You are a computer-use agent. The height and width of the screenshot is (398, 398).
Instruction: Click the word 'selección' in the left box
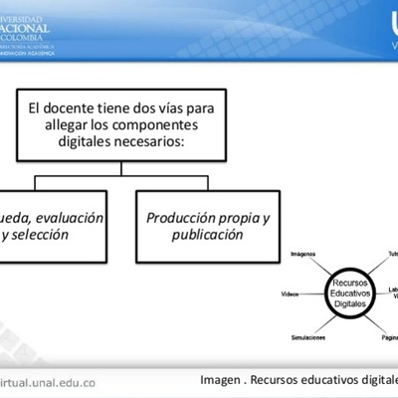point(40,236)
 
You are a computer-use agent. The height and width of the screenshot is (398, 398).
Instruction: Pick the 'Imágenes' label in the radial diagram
point(303,255)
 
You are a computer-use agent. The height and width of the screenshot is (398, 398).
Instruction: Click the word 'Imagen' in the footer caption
point(221,380)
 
